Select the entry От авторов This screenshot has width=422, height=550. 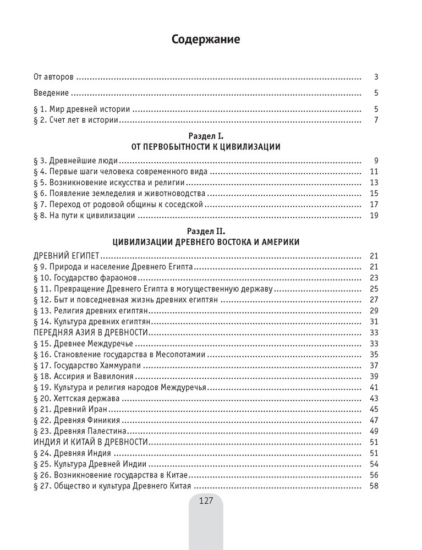pos(54,77)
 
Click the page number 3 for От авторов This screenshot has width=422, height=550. pos(375,77)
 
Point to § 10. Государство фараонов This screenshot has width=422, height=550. pos(84,277)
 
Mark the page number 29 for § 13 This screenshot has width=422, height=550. pos(374,311)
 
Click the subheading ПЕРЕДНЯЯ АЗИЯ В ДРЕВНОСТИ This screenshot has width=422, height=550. pos(88,332)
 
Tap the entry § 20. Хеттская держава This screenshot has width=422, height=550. pos(79,398)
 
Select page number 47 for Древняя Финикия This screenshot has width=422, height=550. pos(374,420)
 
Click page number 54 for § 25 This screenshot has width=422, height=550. pos(374,464)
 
